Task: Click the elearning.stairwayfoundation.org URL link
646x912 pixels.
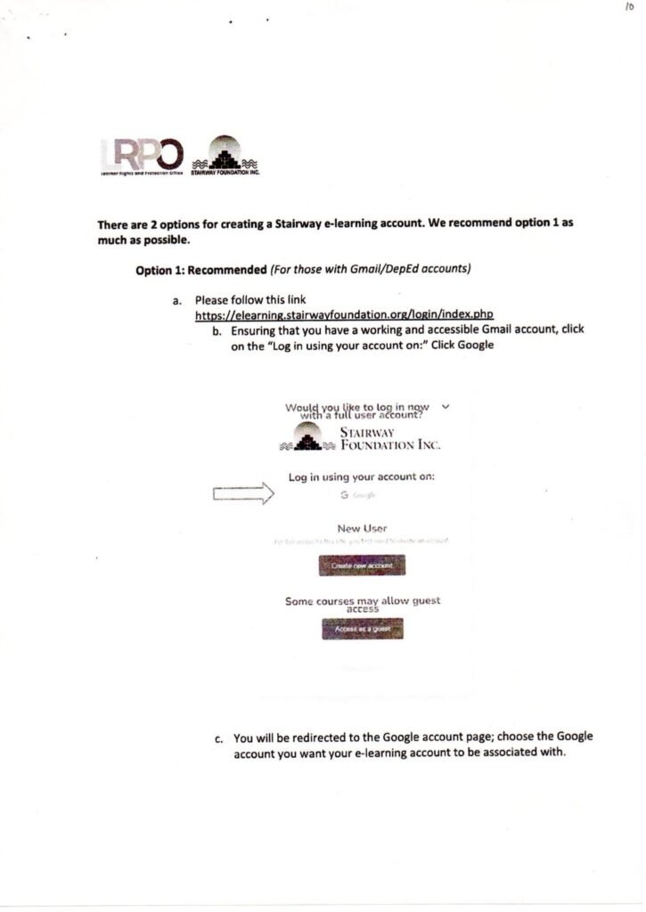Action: click(344, 314)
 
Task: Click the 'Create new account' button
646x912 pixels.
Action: click(362, 566)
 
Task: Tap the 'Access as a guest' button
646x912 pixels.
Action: click(362, 629)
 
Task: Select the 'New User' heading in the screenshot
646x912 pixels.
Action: click(362, 527)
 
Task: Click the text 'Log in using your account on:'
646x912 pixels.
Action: click(362, 477)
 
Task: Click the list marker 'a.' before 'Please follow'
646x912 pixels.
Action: click(177, 301)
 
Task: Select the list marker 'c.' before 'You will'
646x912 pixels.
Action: click(219, 738)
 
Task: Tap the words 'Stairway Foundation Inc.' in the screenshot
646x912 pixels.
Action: click(390, 438)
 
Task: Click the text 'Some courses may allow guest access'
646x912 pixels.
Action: click(363, 605)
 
